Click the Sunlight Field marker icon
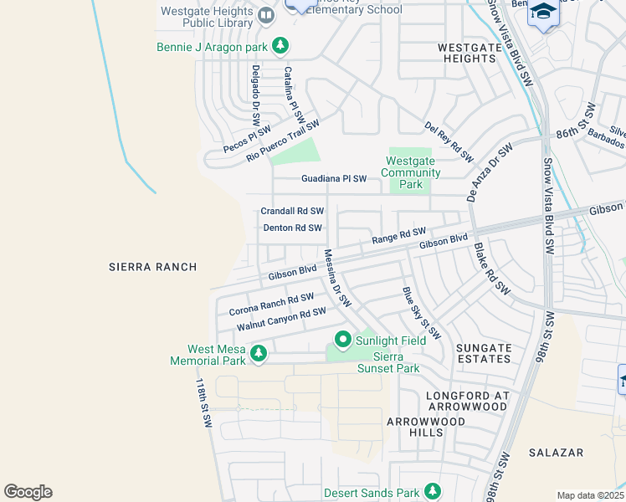click(x=342, y=340)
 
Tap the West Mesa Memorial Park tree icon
click(x=259, y=354)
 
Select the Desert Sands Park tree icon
click(x=433, y=490)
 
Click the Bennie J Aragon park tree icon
click(x=282, y=47)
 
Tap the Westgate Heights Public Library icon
click(x=265, y=16)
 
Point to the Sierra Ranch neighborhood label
click(x=153, y=267)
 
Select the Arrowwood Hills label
click(x=425, y=427)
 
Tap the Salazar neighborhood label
click(x=556, y=453)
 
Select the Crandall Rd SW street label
click(x=292, y=212)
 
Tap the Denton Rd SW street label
click(x=292, y=228)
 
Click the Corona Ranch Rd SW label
click(x=270, y=305)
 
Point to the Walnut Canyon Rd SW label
click(x=280, y=319)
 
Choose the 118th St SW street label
click(x=203, y=403)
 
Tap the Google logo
click(x=28, y=492)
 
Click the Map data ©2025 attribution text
click(x=589, y=495)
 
